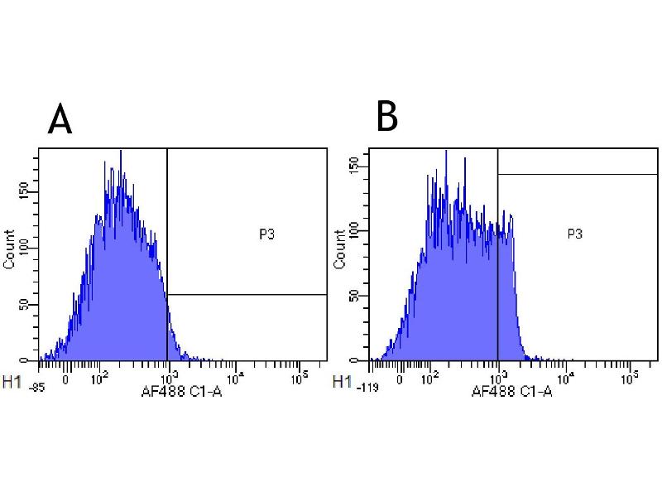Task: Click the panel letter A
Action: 60,119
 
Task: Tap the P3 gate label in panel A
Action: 266,234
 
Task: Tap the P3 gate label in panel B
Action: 575,234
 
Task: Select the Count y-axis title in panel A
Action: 10,249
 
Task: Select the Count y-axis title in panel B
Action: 340,249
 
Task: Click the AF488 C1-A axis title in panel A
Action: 182,390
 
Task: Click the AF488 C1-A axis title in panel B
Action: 511,390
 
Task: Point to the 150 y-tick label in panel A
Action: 31,191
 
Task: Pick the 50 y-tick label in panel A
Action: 31,304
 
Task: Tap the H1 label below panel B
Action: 340,382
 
